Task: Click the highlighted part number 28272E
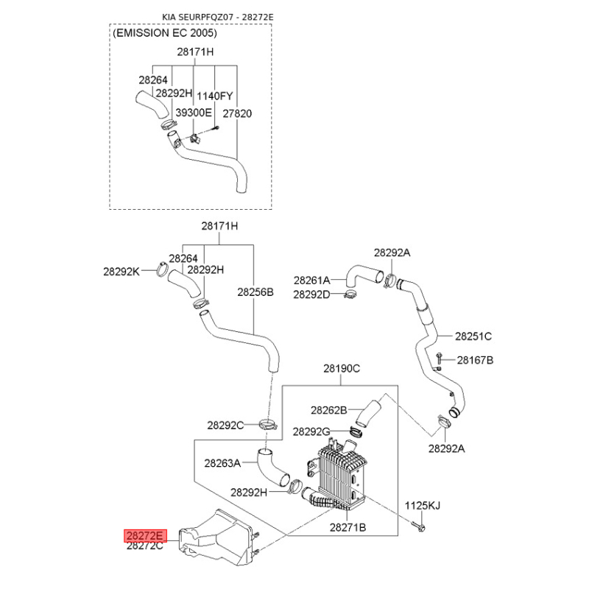pos(145,536)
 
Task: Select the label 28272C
pos(145,546)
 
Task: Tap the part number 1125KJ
pos(422,506)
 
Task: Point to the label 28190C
pos(342,369)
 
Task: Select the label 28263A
pos(222,463)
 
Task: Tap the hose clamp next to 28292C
pos(268,425)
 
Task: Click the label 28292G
pos(311,431)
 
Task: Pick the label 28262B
pos(328,410)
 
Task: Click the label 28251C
pos(473,336)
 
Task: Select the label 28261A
pos(311,281)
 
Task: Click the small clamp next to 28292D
pos(351,295)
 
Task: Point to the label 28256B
pos(255,292)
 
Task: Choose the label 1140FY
pos(215,96)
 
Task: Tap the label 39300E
pos(194,113)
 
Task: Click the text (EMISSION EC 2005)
pos(165,33)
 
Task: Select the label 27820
pos(237,113)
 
